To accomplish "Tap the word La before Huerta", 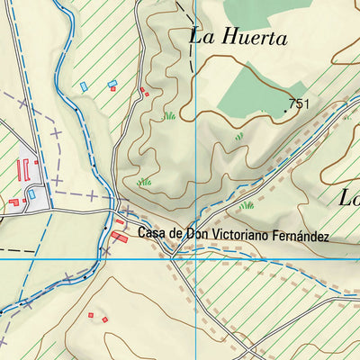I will [x=202, y=37].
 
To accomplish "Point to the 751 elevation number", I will [x=300, y=104].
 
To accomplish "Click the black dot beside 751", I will [x=286, y=109].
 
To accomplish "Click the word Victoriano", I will [x=239, y=236].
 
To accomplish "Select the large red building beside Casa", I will [x=120, y=236].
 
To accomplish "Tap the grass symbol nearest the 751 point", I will [x=239, y=137].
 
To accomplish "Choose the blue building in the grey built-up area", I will [x=31, y=193].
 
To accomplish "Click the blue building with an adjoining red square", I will [x=112, y=84].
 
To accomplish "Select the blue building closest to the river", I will [x=85, y=85].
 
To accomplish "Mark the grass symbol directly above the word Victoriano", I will [x=246, y=205].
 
